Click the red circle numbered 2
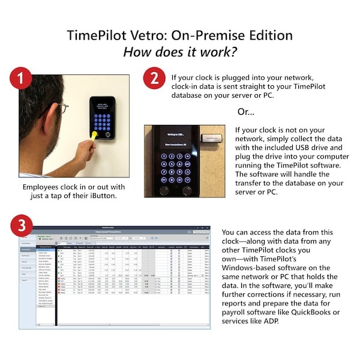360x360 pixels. coord(154,78)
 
